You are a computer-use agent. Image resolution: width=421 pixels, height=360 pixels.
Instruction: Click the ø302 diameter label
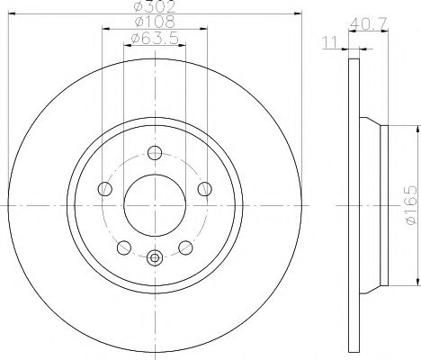click(x=154, y=6)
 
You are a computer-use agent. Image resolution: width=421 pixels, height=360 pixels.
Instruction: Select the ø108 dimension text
click(x=155, y=22)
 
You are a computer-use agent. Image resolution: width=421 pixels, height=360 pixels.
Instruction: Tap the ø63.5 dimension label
click(x=155, y=38)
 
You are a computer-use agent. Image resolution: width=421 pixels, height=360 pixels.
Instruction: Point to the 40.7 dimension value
click(x=369, y=23)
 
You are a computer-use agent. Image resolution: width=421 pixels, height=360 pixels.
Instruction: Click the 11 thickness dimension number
click(x=330, y=42)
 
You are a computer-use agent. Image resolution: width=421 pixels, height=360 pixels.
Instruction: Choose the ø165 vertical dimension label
click(x=410, y=205)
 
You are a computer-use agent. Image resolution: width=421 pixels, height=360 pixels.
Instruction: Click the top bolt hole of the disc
click(x=155, y=153)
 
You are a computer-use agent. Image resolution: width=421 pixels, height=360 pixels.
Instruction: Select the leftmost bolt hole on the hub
click(x=105, y=189)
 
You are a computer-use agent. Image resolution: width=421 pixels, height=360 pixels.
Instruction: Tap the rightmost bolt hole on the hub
click(x=205, y=189)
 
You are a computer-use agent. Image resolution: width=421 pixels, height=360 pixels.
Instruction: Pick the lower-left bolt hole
click(x=124, y=247)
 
